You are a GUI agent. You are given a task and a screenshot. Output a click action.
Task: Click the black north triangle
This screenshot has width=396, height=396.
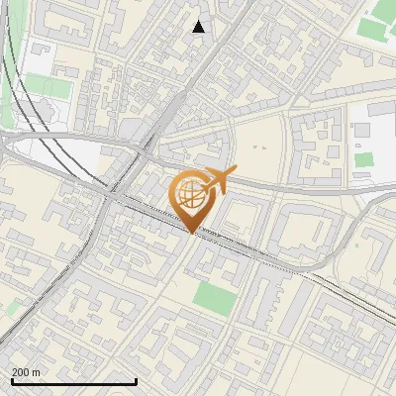point(199,27)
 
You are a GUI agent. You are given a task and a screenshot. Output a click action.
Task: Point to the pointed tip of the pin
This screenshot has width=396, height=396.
point(192,234)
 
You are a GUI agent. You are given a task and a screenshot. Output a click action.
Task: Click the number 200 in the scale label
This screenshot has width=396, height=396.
point(21,372)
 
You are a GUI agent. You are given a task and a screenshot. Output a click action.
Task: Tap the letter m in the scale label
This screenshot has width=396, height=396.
point(37,372)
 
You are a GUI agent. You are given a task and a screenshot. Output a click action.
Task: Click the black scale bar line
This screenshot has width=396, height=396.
point(73,381)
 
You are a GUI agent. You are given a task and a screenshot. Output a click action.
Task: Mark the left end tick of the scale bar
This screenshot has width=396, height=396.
point(11,380)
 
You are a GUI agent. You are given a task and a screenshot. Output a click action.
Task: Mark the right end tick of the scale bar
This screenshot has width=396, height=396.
point(136,380)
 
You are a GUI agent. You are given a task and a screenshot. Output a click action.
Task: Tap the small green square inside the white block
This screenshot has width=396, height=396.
point(364,159)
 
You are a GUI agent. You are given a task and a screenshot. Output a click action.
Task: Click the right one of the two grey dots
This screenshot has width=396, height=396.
point(267,148)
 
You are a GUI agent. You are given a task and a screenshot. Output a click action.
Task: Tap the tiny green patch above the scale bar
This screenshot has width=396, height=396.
point(12,310)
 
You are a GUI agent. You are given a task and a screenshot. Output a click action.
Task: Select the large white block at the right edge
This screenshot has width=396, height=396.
point(374,134)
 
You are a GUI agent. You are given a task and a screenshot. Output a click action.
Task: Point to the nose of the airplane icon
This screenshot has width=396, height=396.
point(236,169)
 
